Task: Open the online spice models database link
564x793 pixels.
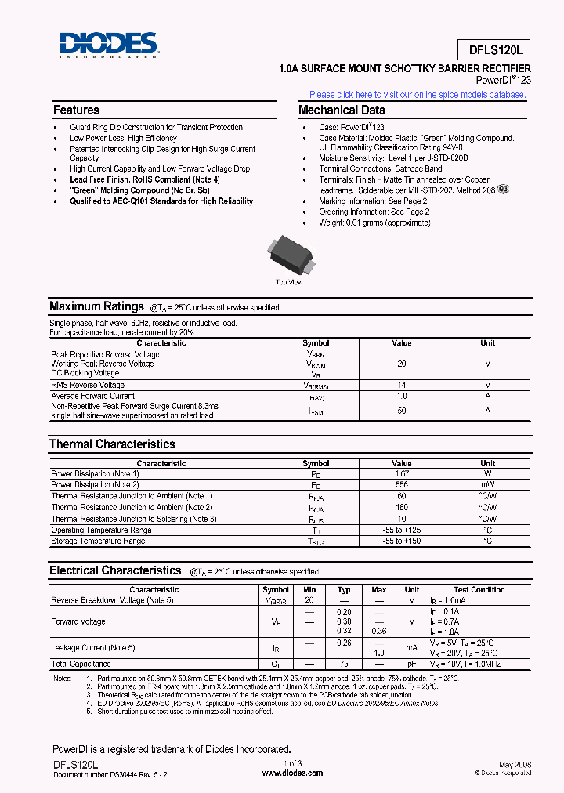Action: (x=418, y=94)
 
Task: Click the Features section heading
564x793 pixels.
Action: (x=76, y=110)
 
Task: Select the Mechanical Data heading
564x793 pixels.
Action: (x=342, y=110)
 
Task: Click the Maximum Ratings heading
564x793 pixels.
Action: (x=96, y=306)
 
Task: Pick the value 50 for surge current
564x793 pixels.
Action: (x=401, y=411)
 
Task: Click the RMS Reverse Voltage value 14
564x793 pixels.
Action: (x=401, y=385)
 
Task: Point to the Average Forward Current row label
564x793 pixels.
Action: (x=92, y=396)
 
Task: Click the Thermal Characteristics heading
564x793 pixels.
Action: (x=112, y=444)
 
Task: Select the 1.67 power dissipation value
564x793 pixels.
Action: (x=401, y=473)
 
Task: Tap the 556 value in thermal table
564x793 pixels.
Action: (x=401, y=484)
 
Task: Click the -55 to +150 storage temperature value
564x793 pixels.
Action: (x=401, y=541)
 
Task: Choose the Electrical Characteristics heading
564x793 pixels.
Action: (x=115, y=570)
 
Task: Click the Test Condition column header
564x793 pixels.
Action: (x=479, y=589)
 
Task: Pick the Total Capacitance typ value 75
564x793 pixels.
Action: (x=343, y=664)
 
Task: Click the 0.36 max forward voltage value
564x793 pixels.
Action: (x=378, y=631)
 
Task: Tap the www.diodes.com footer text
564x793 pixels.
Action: (x=291, y=773)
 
